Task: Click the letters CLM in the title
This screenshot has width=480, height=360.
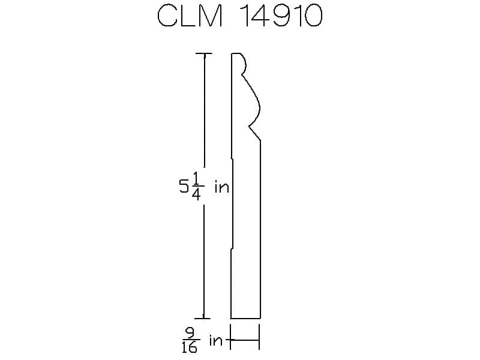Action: [190, 16]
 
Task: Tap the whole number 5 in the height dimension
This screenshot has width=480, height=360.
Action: [184, 186]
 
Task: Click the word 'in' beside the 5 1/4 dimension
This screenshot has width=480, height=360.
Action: [222, 187]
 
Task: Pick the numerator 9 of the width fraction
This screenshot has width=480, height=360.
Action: [191, 332]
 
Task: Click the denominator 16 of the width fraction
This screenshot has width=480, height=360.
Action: [190, 347]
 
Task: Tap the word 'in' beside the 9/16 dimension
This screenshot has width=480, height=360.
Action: [216, 340]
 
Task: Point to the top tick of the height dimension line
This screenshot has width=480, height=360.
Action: [204, 53]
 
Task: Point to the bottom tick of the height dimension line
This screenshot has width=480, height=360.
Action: [203, 319]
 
